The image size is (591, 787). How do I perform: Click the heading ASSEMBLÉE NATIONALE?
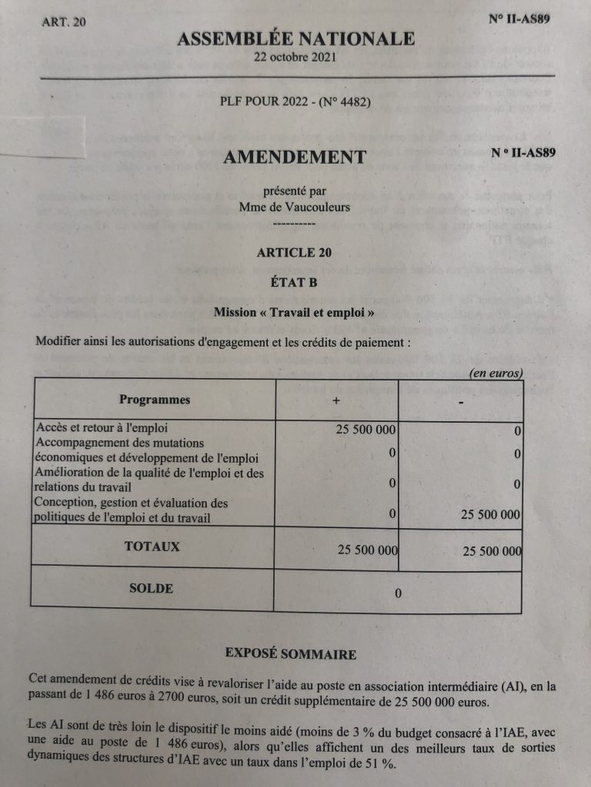tap(296, 39)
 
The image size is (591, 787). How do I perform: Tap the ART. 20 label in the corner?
tap(65, 22)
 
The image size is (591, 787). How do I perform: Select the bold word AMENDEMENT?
tap(295, 158)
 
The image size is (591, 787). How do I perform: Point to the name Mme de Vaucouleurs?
tap(295, 206)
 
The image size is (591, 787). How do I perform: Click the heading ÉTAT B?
tap(295, 282)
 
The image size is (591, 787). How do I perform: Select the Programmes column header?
tap(155, 400)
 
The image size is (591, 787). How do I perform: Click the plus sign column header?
tap(336, 401)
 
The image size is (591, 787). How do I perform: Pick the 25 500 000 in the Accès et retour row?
tap(366, 429)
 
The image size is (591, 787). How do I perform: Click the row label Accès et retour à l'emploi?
tap(102, 428)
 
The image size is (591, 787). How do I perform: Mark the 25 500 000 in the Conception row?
tap(490, 515)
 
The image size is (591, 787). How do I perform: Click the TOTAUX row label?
tap(152, 547)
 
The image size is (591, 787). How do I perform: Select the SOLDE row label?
tap(152, 589)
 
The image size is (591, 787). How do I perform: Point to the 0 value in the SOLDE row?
tap(398, 593)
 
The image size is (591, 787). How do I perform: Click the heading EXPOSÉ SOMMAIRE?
tap(290, 654)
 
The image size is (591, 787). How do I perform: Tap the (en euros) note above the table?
tap(496, 374)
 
